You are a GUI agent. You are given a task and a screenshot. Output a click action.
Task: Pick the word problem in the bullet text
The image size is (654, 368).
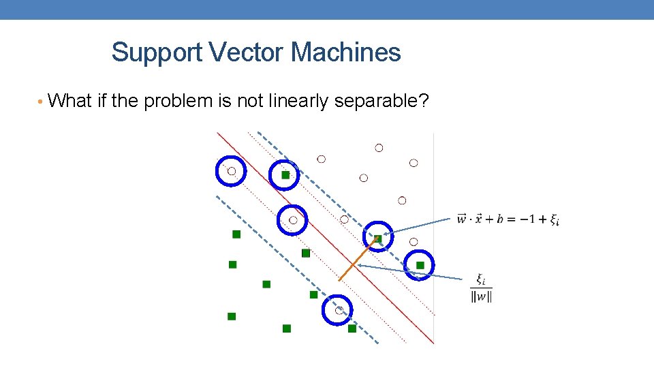pos(181,102)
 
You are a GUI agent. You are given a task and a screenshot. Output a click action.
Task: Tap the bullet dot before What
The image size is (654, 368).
pos(42,102)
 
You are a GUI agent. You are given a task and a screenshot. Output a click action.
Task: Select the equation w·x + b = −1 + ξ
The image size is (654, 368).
pos(508,219)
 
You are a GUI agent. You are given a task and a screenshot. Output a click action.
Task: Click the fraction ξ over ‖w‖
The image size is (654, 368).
pos(481,288)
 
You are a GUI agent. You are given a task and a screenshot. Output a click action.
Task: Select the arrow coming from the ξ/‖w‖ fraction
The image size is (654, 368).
pos(409,271)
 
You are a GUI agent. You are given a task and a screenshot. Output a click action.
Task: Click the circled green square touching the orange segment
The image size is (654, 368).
pos(378,238)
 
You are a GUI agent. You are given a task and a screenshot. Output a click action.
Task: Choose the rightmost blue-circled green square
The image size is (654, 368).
pos(420,264)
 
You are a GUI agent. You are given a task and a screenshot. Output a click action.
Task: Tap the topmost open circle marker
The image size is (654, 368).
pos(379,148)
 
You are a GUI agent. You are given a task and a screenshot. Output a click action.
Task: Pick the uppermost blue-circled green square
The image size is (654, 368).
pos(285,175)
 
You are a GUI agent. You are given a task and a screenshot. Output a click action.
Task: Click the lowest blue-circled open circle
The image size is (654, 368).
pos(338,310)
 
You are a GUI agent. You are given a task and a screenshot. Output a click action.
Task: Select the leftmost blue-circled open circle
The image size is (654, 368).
pos(231,171)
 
